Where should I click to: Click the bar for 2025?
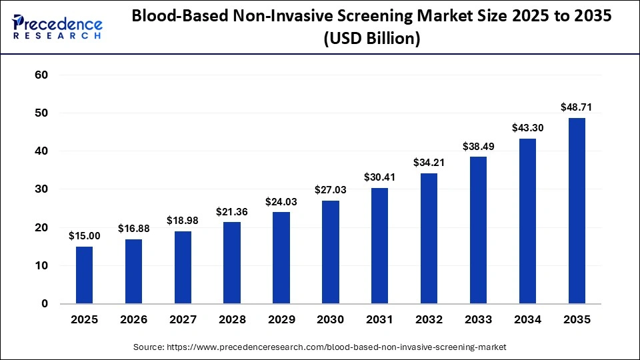(84, 275)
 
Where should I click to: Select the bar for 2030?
(330, 252)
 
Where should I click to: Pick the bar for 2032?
(429, 238)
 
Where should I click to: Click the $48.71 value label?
(577, 107)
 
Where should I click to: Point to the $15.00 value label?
(84, 235)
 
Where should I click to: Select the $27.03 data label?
(330, 189)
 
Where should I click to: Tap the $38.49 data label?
(478, 145)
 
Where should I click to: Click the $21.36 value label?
(232, 211)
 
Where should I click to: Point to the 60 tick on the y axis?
(41, 75)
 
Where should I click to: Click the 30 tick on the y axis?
(41, 189)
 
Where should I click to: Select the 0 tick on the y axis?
(45, 304)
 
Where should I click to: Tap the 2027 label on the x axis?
(183, 320)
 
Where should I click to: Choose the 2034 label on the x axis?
(527, 320)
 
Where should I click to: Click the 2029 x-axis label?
(281, 320)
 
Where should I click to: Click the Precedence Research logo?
(57, 27)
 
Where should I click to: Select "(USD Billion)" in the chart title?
(371, 39)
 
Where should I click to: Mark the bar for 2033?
(478, 230)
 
